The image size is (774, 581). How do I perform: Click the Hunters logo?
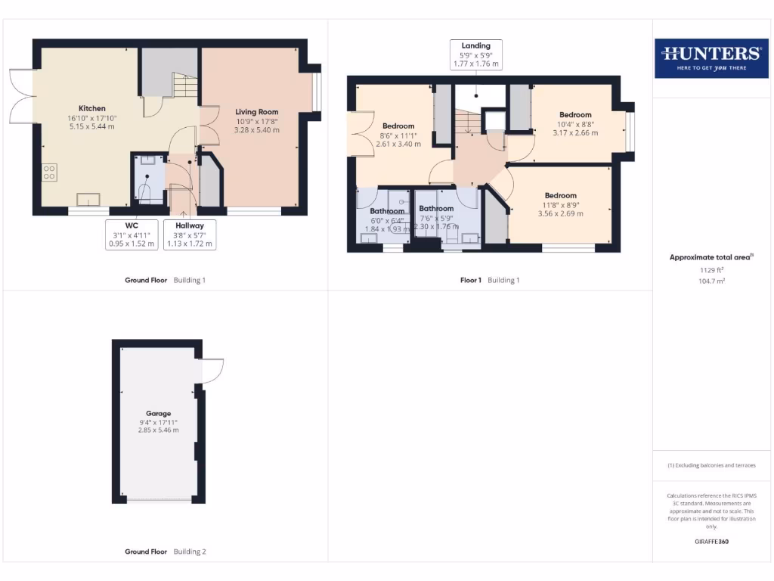click(x=711, y=58)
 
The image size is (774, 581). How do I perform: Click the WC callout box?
click(x=132, y=235)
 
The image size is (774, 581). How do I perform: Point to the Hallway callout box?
click(x=189, y=235)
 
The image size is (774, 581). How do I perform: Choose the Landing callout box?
click(x=476, y=55)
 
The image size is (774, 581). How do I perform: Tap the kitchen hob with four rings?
click(x=50, y=172)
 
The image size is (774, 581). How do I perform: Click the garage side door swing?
click(x=212, y=371)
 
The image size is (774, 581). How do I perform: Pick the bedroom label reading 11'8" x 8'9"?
click(x=560, y=204)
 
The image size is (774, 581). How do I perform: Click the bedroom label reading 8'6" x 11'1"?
click(x=398, y=135)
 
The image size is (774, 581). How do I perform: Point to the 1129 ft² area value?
click(x=711, y=269)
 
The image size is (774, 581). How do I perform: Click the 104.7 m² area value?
click(x=711, y=280)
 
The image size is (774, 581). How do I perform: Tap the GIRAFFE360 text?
click(x=711, y=542)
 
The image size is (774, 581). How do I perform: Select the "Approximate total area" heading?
click(x=711, y=257)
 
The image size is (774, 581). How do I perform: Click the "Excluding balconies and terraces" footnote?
click(x=711, y=465)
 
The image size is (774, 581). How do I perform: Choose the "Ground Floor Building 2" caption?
click(x=165, y=551)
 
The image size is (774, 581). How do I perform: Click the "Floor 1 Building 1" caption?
click(x=490, y=280)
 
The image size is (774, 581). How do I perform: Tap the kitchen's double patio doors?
click(x=23, y=97)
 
